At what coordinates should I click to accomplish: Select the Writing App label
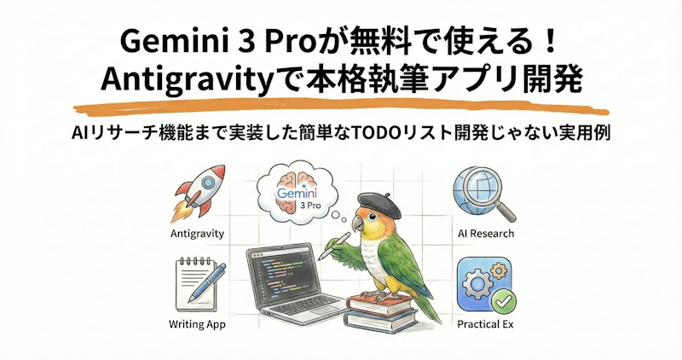[x=197, y=325]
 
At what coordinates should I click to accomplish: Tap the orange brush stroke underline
[x=341, y=108]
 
